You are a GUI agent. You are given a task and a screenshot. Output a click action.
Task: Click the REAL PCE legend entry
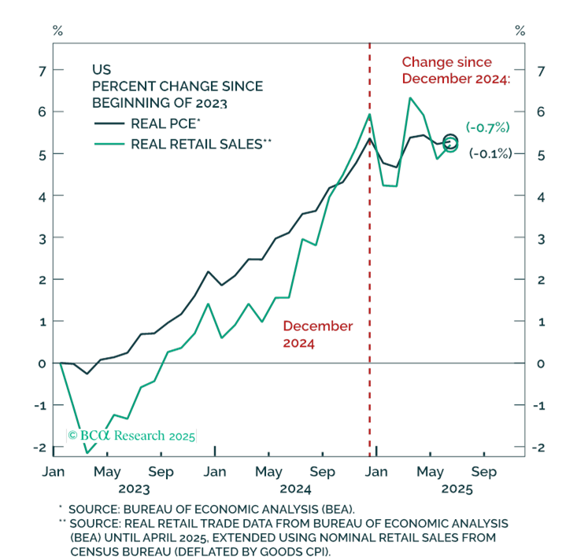(x=147, y=123)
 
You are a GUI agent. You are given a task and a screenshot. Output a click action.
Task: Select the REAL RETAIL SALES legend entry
(x=183, y=144)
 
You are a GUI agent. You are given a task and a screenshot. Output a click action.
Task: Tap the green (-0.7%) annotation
(x=487, y=127)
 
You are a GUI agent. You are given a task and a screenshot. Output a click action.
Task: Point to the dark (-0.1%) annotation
(x=490, y=153)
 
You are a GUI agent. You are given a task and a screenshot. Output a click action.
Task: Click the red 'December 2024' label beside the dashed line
(x=318, y=334)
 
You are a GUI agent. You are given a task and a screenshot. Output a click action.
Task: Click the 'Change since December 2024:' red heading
(x=456, y=70)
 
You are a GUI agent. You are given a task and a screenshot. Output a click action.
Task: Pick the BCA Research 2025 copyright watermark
(x=131, y=436)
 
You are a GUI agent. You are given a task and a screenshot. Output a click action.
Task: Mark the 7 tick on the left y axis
(x=43, y=71)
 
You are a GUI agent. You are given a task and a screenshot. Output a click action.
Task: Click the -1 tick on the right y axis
(x=538, y=406)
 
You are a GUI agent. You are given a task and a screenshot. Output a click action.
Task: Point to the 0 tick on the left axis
(x=43, y=363)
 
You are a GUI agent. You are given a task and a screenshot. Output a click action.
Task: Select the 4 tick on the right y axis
(x=541, y=197)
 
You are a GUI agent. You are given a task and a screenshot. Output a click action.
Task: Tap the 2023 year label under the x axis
(x=134, y=489)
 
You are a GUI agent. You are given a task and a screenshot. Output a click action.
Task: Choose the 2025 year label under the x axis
(x=457, y=489)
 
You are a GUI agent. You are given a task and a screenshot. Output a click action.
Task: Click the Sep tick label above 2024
(x=323, y=472)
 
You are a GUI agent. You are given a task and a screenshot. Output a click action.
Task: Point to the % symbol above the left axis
(x=57, y=31)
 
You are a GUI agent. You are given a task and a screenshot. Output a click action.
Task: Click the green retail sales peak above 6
(x=410, y=98)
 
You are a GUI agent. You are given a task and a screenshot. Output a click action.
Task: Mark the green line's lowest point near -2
(x=87, y=453)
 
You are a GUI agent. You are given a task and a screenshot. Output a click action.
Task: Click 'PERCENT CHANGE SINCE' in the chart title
(x=177, y=86)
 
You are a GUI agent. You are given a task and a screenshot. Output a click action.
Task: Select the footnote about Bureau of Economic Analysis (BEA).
(x=211, y=509)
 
